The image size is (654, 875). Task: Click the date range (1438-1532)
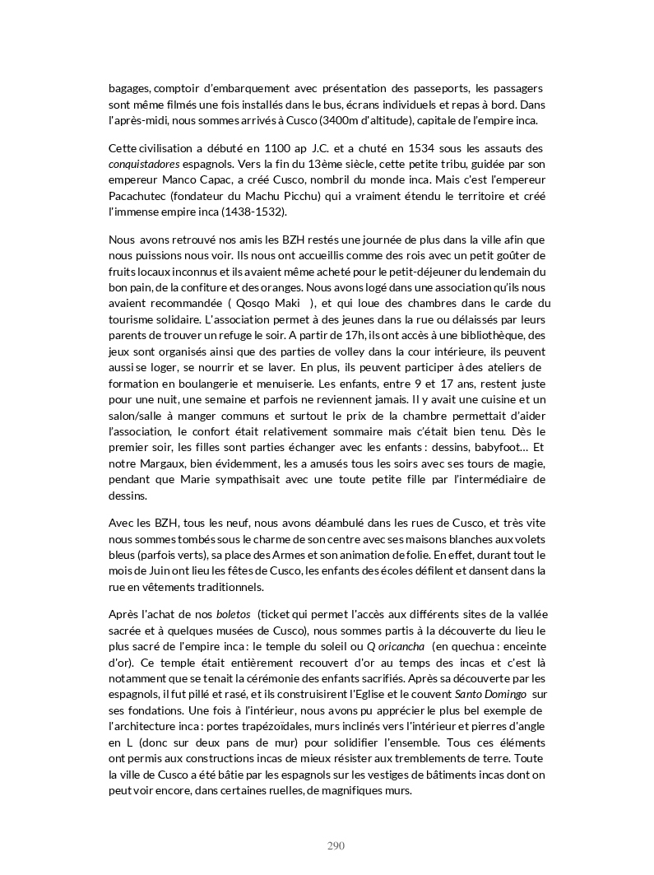pyautogui.click(x=254, y=212)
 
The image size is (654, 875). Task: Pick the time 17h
pyautogui.click(x=322, y=335)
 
